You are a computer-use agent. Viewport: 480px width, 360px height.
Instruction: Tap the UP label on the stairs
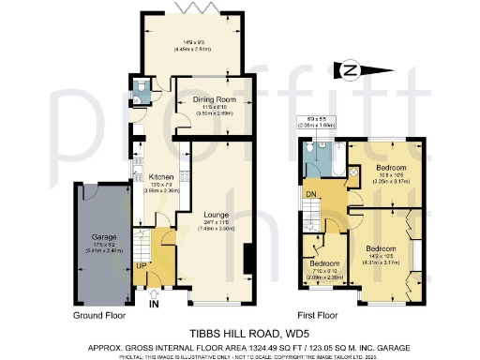click(142, 267)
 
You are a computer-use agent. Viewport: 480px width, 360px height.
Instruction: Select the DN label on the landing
click(311, 194)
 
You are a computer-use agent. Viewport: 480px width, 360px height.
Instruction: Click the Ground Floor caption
click(100, 317)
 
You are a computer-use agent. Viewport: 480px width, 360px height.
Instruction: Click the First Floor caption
click(322, 317)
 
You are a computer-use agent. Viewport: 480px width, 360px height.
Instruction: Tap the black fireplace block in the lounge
click(247, 260)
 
